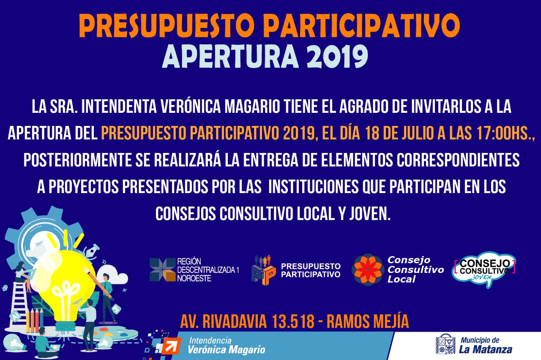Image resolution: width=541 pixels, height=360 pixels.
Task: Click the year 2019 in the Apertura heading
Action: (x=337, y=57)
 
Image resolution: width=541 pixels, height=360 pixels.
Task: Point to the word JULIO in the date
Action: (x=417, y=133)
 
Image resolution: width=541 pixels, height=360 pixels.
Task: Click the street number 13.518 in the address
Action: (x=293, y=322)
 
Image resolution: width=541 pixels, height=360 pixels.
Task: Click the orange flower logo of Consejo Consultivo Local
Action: (x=368, y=270)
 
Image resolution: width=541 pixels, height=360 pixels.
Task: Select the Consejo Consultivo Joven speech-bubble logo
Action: (x=484, y=270)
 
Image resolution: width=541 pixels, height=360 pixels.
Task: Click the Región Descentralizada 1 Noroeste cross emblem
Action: (x=163, y=270)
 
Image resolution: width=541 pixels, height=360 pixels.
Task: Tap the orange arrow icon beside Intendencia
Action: (x=171, y=346)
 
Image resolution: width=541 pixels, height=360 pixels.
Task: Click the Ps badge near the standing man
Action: (x=117, y=309)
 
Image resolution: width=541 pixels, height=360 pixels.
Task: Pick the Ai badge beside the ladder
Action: (x=15, y=316)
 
